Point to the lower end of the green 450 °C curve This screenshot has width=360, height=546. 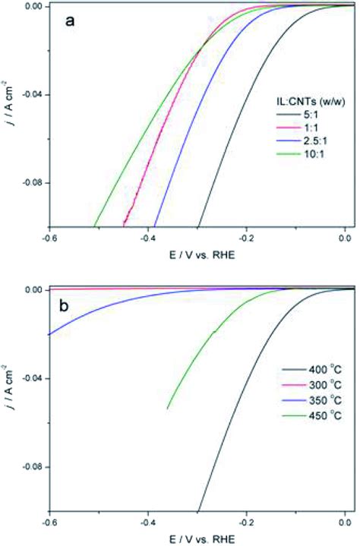(x=168, y=409)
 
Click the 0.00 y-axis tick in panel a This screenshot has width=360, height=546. (x=34, y=6)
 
